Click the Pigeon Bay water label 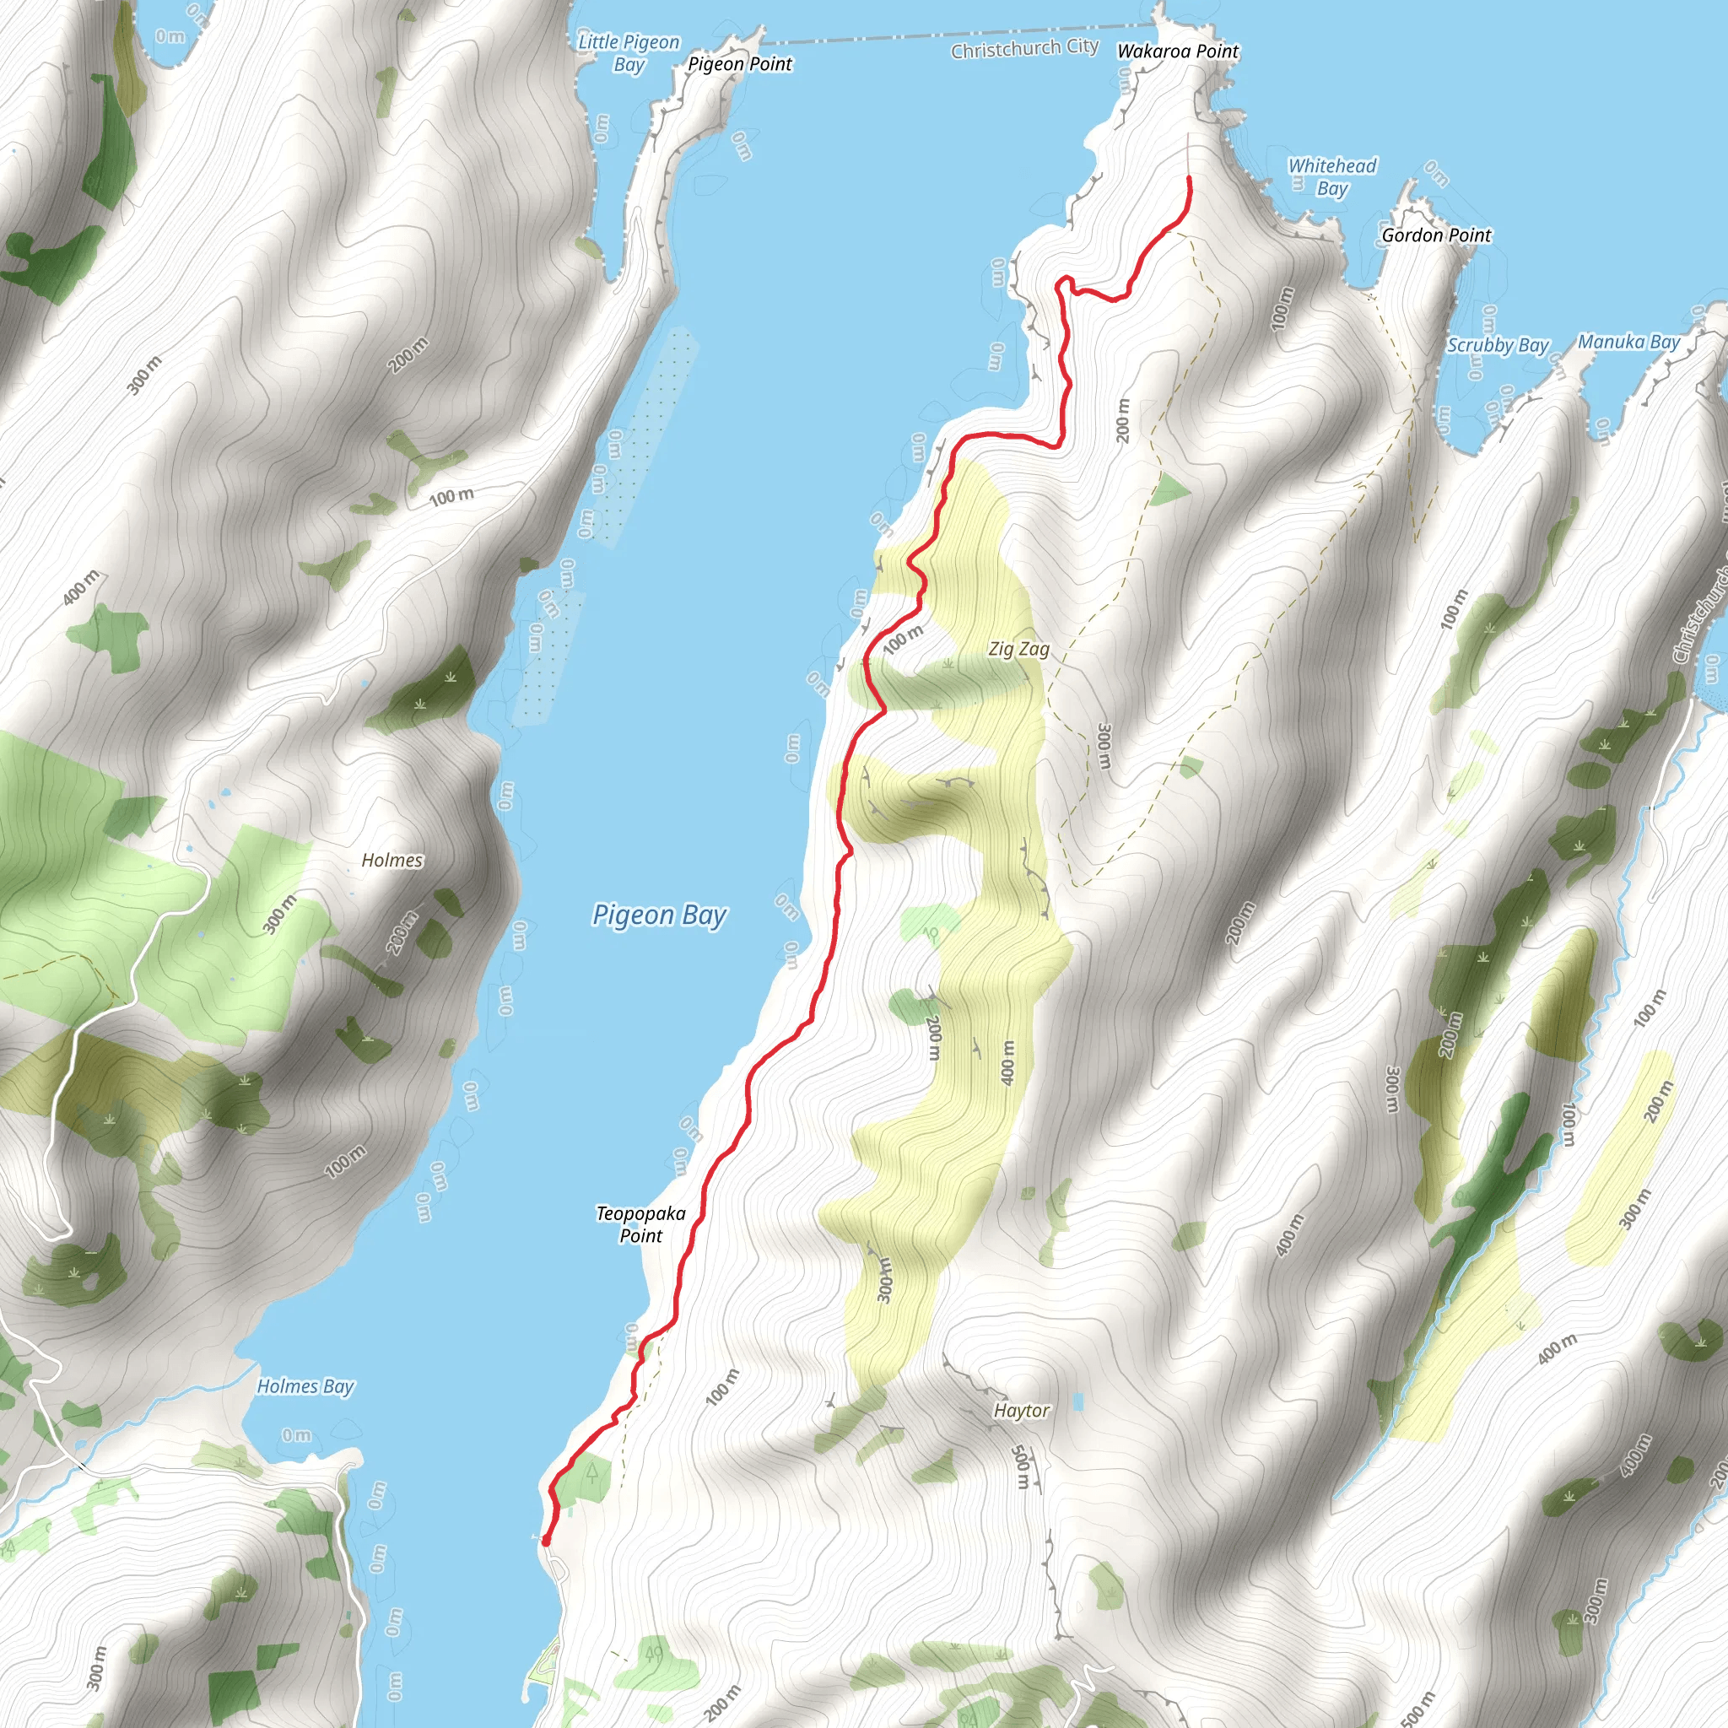[x=659, y=915]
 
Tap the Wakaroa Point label [x=1177, y=51]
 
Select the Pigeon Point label [x=740, y=64]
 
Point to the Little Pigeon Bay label [x=629, y=53]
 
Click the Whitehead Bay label [x=1331, y=177]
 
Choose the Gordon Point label [x=1436, y=235]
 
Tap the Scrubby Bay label [x=1498, y=345]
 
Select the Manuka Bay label [x=1628, y=342]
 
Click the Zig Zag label [x=1018, y=649]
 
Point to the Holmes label [x=391, y=860]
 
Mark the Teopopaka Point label [x=641, y=1224]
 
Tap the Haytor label [x=1022, y=1411]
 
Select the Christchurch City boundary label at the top [x=1024, y=48]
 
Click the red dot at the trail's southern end [x=546, y=1540]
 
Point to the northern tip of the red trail [x=1190, y=179]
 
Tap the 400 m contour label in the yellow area [x=1008, y=1062]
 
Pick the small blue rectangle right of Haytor [x=1077, y=1401]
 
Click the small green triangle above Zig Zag [x=1168, y=490]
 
